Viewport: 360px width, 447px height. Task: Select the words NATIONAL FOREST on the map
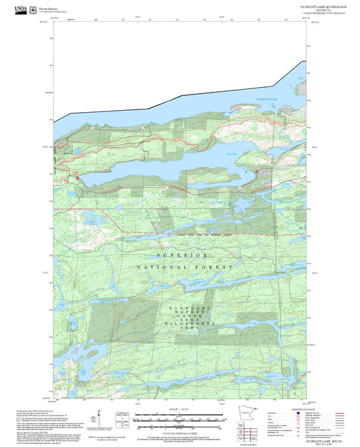[x=180, y=268]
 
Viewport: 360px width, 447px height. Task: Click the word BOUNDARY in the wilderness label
[x=180, y=307]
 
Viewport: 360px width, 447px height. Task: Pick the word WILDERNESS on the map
[x=180, y=323]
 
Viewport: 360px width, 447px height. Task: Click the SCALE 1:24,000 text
[x=180, y=407]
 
